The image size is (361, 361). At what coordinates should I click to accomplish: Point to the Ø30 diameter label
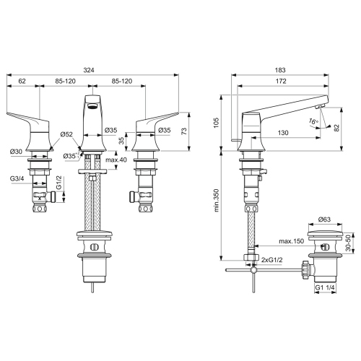point(17,150)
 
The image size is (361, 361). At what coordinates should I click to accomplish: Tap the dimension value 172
point(285,82)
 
